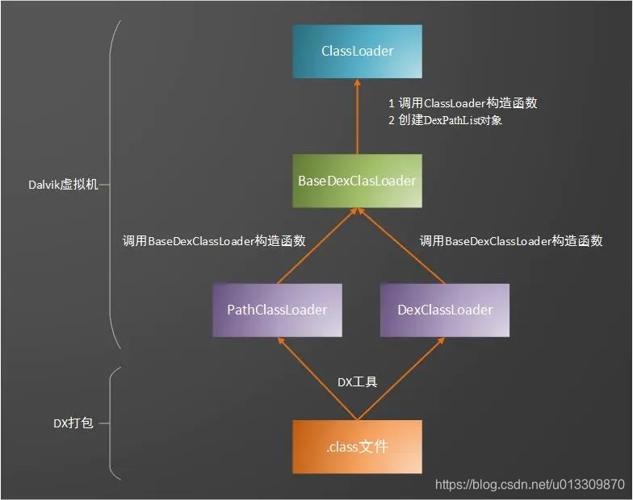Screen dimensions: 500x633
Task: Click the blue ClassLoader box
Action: pos(357,52)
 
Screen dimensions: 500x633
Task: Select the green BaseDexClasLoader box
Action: pos(357,181)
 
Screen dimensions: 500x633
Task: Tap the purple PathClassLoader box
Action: pos(277,310)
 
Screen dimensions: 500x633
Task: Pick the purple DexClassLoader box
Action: pos(445,310)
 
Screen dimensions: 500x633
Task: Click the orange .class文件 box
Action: pos(357,446)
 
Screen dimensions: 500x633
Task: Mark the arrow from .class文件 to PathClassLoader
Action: pos(316,379)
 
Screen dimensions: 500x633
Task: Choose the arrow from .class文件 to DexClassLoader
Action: pos(401,379)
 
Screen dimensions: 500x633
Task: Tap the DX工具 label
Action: pos(357,382)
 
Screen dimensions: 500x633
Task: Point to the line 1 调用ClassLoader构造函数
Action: pos(463,103)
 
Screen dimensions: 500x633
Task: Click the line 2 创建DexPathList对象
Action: pos(445,121)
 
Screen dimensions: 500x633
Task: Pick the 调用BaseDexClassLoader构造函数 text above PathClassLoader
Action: pos(213,240)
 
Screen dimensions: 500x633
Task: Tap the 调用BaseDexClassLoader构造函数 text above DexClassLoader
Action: pos(510,240)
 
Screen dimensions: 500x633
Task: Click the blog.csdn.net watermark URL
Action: pos(530,484)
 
